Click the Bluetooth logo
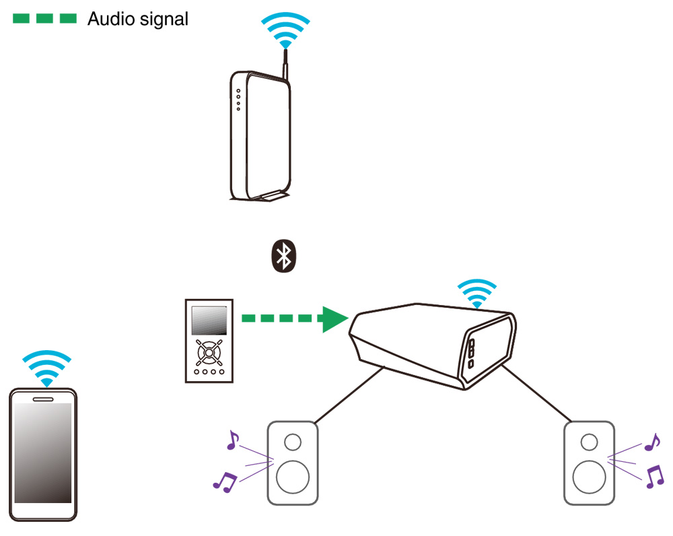(x=284, y=256)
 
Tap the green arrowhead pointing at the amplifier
(x=334, y=319)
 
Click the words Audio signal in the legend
(x=138, y=19)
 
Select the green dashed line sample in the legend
(x=44, y=18)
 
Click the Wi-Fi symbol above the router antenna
(x=285, y=30)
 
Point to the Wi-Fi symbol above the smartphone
(x=47, y=368)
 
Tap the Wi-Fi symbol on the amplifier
(x=477, y=294)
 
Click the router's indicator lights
(x=238, y=100)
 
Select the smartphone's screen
(x=43, y=453)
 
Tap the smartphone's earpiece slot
(x=43, y=399)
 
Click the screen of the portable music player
(x=209, y=321)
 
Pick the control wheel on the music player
(x=209, y=353)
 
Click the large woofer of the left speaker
(x=293, y=477)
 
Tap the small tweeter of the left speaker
(x=293, y=442)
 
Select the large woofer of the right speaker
(x=590, y=477)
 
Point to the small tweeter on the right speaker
(x=590, y=442)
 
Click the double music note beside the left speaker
(x=225, y=482)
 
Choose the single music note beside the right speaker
(x=652, y=442)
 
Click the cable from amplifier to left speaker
(x=349, y=395)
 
